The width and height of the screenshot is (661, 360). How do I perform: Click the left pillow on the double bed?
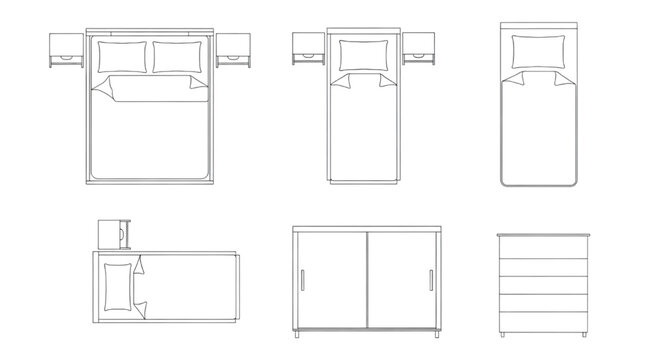click(122, 56)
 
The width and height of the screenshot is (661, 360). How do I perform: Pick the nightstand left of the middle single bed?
click(308, 48)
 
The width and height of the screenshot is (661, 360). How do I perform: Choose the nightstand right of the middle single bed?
click(418, 48)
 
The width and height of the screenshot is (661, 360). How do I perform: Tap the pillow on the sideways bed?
click(116, 283)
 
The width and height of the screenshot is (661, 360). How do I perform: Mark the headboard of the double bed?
click(151, 31)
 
